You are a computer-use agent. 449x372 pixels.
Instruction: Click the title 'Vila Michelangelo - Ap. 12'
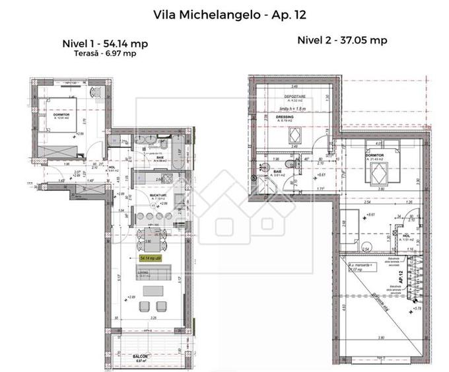pos(224,13)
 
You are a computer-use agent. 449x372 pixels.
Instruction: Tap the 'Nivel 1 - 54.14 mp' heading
pos(104,44)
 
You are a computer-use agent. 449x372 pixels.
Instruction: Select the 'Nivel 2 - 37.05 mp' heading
pos(343,40)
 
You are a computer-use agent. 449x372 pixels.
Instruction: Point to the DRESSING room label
pos(285,117)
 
